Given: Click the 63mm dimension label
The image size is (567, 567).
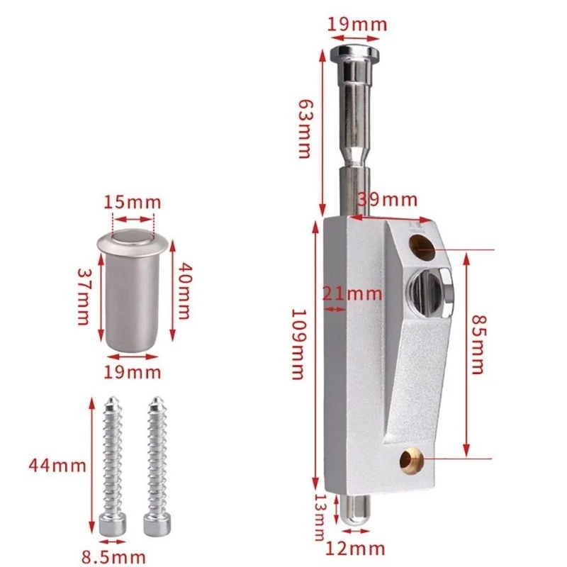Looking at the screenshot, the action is click(305, 129).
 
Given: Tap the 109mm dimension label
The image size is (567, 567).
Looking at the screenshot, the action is click(298, 344).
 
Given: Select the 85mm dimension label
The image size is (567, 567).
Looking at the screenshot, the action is click(478, 345).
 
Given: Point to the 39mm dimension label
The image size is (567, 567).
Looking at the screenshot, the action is click(387, 200).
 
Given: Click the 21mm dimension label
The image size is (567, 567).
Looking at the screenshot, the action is click(352, 293).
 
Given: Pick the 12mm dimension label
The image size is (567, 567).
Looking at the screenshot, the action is click(355, 549).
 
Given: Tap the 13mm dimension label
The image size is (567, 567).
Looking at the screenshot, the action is click(320, 517).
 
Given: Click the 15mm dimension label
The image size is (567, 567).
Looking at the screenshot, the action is click(133, 203).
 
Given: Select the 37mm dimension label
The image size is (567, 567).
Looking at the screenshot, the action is click(84, 296).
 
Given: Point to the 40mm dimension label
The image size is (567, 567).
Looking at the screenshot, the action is click(184, 291).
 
